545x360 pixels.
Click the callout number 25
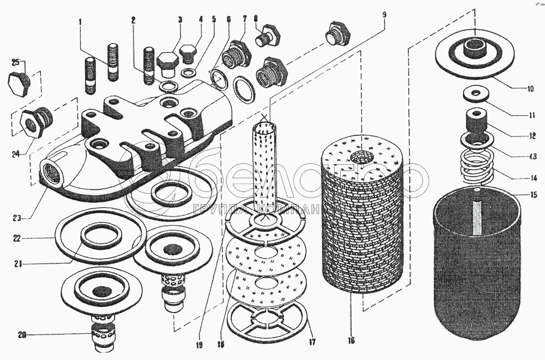(15, 61)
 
